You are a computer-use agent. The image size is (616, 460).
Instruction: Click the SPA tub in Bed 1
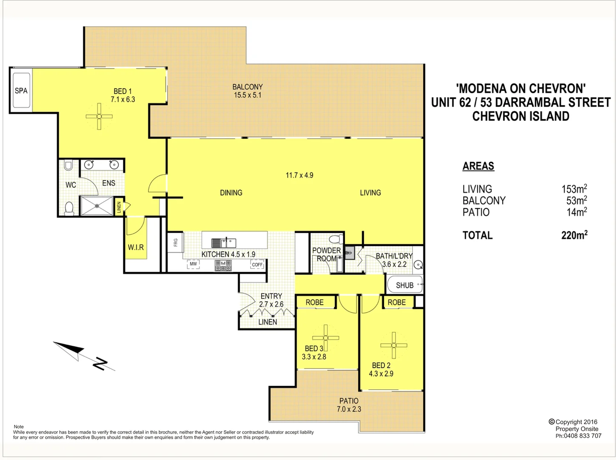pyautogui.click(x=21, y=91)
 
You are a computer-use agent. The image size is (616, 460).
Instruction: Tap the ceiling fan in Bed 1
pyautogui.click(x=99, y=116)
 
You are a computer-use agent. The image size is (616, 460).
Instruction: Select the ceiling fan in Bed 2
pyautogui.click(x=394, y=345)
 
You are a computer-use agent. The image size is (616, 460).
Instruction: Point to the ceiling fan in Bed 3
pyautogui.click(x=326, y=338)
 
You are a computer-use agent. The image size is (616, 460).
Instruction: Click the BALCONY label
pyautogui.click(x=248, y=87)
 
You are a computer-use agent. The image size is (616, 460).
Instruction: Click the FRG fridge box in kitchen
pyautogui.click(x=175, y=242)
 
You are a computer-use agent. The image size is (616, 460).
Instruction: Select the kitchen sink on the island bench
pyautogui.click(x=224, y=243)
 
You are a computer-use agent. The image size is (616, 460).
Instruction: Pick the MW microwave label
pyautogui.click(x=194, y=264)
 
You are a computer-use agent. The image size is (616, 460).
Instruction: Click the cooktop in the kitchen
pyautogui.click(x=223, y=266)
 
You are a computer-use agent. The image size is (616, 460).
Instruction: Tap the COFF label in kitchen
pyautogui.click(x=257, y=264)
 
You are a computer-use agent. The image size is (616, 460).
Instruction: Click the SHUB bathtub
pyautogui.click(x=405, y=285)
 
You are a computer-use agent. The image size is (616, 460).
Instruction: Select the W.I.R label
pyautogui.click(x=136, y=247)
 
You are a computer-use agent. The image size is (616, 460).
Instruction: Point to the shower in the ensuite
pyautogui.click(x=97, y=206)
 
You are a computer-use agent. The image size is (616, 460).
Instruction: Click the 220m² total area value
pyautogui.click(x=574, y=235)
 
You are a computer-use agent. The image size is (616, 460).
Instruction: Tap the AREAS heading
pyautogui.click(x=478, y=166)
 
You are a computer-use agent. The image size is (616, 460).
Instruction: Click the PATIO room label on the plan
pyautogui.click(x=349, y=401)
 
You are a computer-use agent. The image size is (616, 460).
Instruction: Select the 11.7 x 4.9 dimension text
pyautogui.click(x=299, y=175)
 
